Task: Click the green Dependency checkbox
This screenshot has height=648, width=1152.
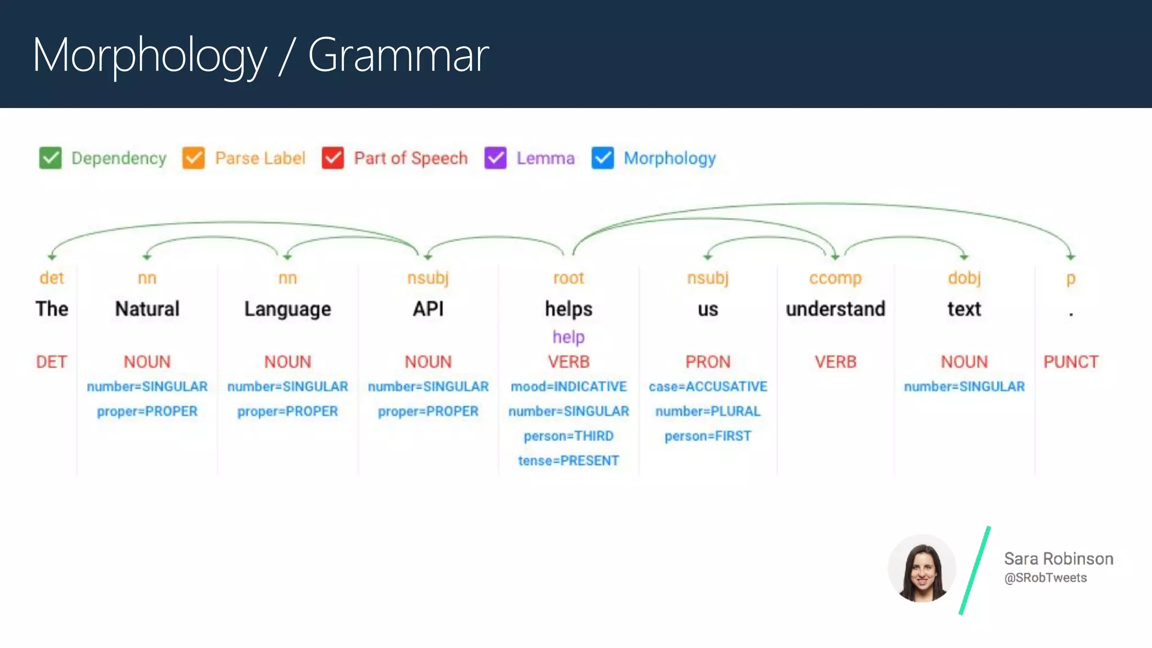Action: [50, 158]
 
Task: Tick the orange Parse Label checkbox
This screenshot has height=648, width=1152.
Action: [193, 158]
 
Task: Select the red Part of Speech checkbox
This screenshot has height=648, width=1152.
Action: [332, 158]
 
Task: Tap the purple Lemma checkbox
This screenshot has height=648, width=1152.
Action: [495, 158]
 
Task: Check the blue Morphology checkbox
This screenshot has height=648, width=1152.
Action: [602, 158]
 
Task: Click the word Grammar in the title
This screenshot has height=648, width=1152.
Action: [398, 55]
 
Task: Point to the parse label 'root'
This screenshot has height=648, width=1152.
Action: [568, 278]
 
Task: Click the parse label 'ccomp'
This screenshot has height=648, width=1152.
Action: [835, 278]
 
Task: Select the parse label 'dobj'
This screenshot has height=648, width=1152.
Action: [964, 278]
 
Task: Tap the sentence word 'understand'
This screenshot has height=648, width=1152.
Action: [835, 309]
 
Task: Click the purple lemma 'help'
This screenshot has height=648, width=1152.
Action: [568, 337]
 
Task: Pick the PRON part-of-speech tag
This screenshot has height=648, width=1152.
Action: [708, 362]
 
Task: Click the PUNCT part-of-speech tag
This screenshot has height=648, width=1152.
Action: [1070, 362]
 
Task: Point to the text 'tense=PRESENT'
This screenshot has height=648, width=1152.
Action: [568, 461]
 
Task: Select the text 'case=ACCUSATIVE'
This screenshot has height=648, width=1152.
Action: [708, 386]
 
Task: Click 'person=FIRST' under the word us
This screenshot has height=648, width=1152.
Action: [708, 436]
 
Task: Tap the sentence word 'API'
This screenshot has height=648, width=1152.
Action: [428, 309]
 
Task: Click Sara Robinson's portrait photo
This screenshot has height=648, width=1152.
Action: [921, 568]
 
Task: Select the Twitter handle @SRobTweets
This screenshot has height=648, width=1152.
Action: [1045, 578]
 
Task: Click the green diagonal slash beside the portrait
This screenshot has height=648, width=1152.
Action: [975, 570]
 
